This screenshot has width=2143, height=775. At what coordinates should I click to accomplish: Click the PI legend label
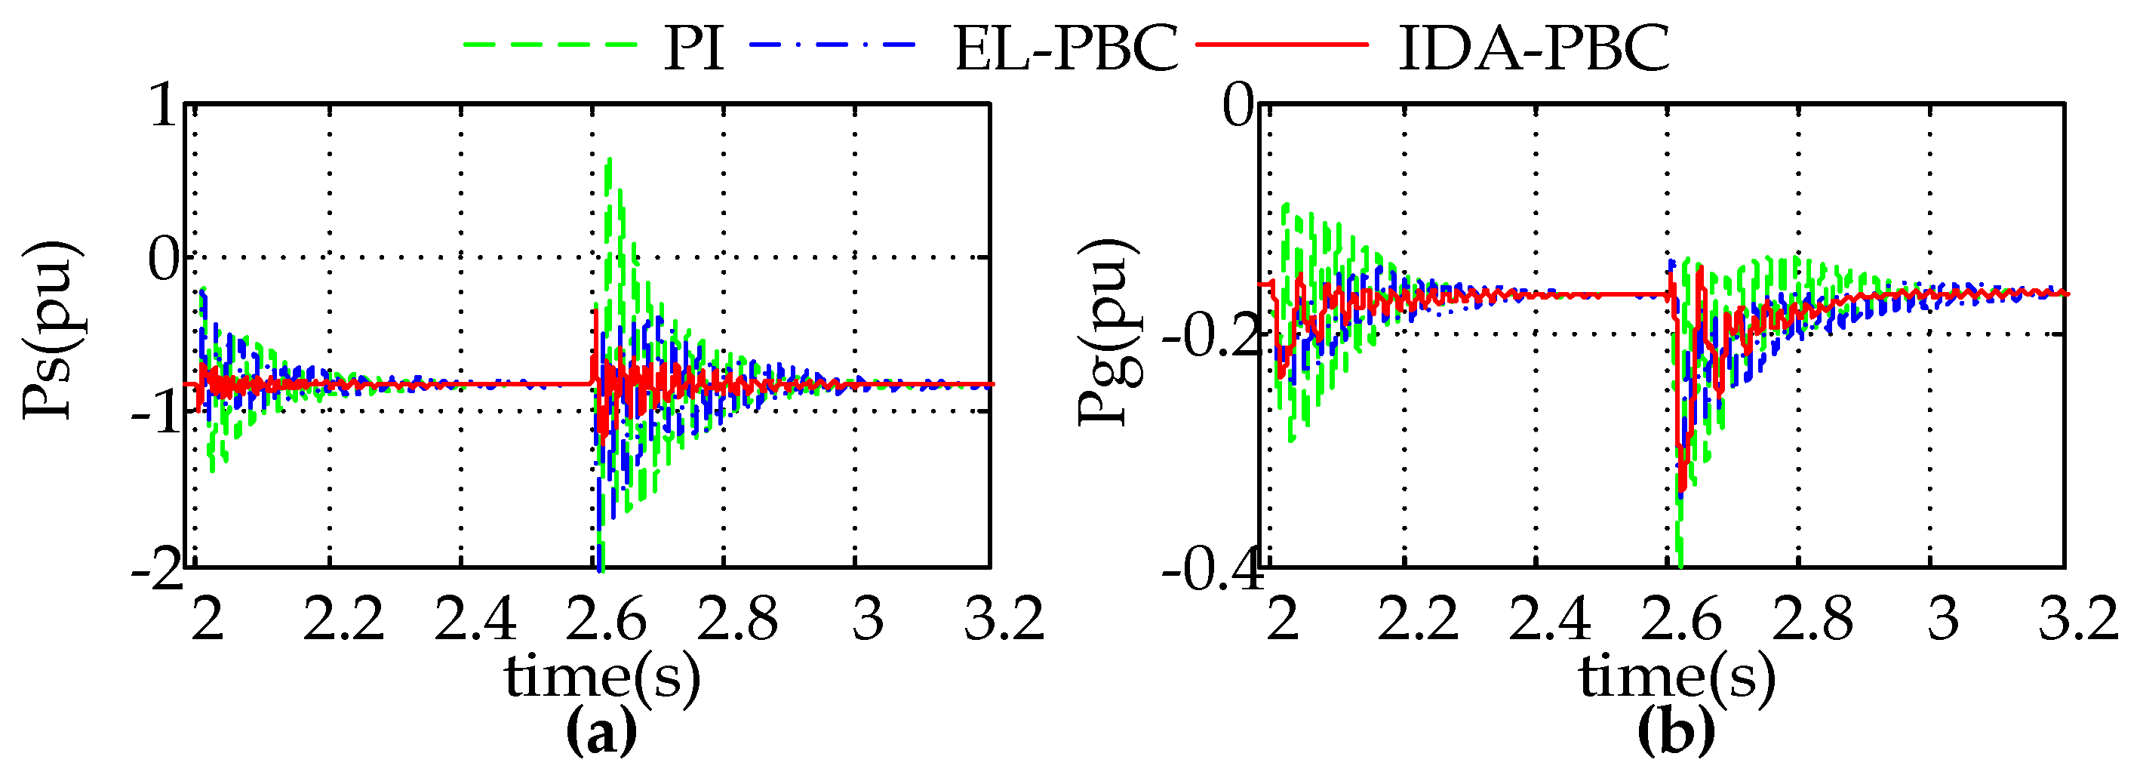(693, 48)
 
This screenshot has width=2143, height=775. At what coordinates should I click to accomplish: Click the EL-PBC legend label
(1065, 48)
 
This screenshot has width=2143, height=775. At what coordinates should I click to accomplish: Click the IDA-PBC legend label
(1533, 48)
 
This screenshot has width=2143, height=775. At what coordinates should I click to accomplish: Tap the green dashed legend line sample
(550, 43)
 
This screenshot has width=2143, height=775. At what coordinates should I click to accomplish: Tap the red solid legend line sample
(1281, 43)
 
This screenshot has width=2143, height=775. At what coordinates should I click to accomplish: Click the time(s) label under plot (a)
(601, 675)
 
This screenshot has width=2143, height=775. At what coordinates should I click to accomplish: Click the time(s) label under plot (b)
(1677, 675)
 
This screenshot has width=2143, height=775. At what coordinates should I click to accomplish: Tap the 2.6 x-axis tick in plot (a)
(605, 619)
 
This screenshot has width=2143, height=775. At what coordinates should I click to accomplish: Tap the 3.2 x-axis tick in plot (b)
(2077, 619)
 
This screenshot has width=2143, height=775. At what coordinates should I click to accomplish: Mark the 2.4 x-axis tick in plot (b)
(1549, 619)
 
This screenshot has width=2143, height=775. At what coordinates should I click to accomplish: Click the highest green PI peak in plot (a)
(610, 160)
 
